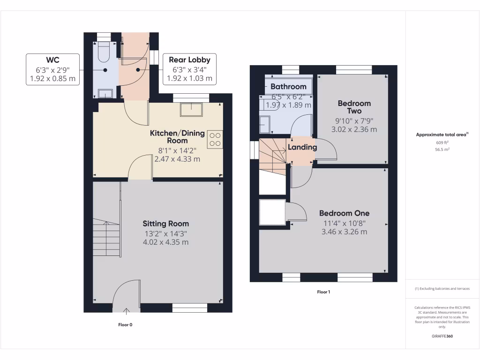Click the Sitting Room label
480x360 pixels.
165,224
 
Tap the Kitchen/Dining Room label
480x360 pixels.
177,137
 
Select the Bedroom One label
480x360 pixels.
344,213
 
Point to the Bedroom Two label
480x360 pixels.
354,107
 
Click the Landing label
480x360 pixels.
302,147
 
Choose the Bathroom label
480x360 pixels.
288,86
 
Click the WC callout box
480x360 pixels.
52,69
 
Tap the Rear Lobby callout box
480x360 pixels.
189,69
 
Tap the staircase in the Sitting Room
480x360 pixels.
106,239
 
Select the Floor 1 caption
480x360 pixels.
323,292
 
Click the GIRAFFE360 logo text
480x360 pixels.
442,336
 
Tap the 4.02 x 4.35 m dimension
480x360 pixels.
165,242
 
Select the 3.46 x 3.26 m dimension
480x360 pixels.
344,232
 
